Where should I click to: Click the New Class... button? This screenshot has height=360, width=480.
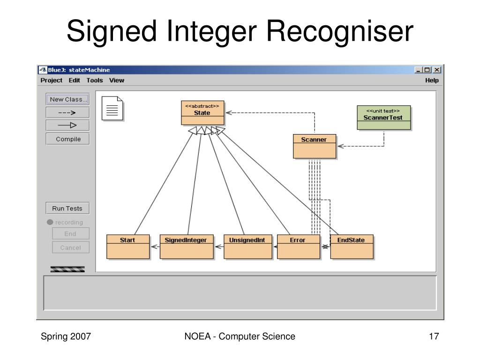pyautogui.click(x=67, y=99)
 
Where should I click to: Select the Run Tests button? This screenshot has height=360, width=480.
pyautogui.click(x=67, y=208)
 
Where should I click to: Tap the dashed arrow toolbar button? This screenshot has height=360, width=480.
pyautogui.click(x=67, y=112)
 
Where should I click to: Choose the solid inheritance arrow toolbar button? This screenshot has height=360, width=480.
pyautogui.click(x=67, y=125)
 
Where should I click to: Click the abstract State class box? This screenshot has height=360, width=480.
pyautogui.click(x=202, y=112)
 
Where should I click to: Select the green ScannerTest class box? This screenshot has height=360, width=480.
pyautogui.click(x=384, y=118)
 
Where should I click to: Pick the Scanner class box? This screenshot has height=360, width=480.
pyautogui.click(x=315, y=146)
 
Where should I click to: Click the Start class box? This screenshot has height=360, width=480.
pyautogui.click(x=128, y=247)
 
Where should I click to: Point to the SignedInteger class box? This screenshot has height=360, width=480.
pyautogui.click(x=187, y=247)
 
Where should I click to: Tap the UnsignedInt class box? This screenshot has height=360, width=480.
pyautogui.click(x=248, y=247)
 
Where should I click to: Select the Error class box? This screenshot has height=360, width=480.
pyautogui.click(x=299, y=247)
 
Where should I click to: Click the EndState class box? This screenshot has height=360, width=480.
pyautogui.click(x=352, y=247)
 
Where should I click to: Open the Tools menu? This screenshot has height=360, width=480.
pyautogui.click(x=95, y=80)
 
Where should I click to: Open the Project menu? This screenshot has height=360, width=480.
pyautogui.click(x=52, y=80)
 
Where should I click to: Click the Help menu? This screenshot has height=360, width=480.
pyautogui.click(x=432, y=80)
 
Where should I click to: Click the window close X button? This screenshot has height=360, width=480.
pyautogui.click(x=437, y=70)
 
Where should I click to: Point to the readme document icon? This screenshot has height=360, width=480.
pyautogui.click(x=112, y=108)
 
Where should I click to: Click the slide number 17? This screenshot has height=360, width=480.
pyautogui.click(x=434, y=336)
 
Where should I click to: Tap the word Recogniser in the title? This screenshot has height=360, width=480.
pyautogui.click(x=340, y=31)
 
